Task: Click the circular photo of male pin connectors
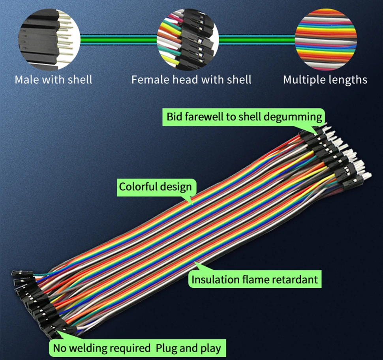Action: (x=50, y=39)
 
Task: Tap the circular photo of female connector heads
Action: (x=188, y=39)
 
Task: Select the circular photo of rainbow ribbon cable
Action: (x=326, y=39)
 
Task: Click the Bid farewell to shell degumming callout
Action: (x=244, y=117)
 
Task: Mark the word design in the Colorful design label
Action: (x=176, y=186)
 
